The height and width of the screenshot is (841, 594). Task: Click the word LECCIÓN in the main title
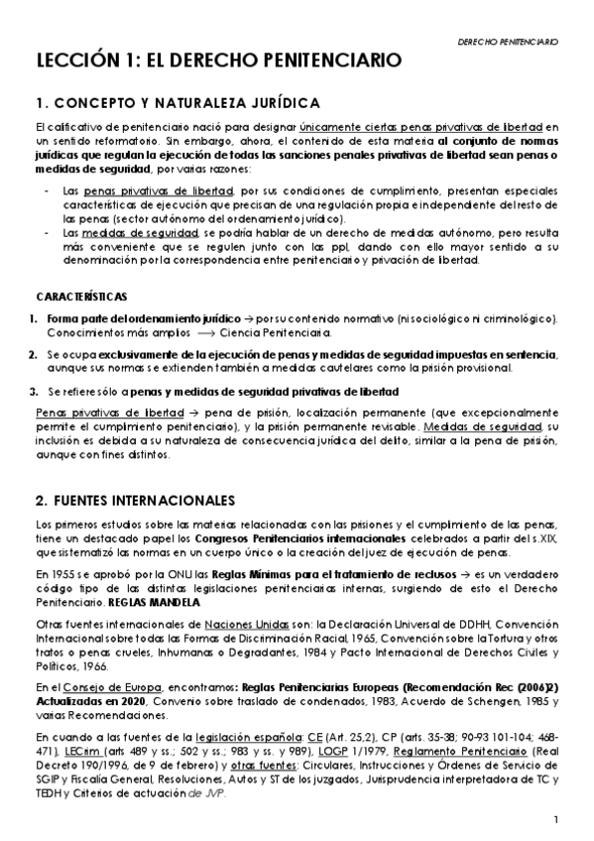[68, 61]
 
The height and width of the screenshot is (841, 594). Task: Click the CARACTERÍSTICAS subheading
[81, 297]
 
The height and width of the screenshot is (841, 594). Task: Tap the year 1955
[60, 575]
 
